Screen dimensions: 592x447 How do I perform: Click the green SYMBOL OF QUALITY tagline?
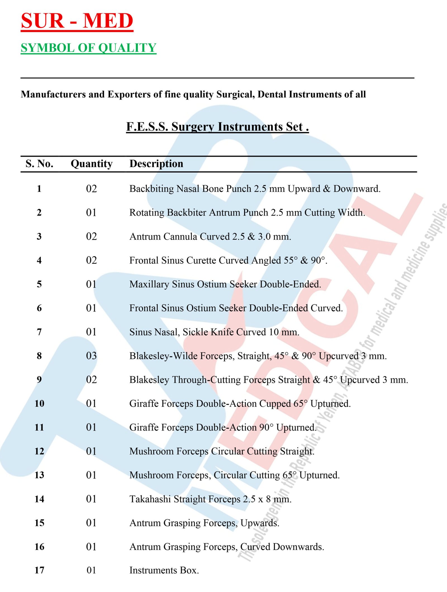click(88, 48)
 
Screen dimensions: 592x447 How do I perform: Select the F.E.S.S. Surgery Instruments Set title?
click(217, 127)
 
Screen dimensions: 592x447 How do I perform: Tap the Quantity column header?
click(92, 164)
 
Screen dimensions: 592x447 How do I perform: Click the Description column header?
click(156, 164)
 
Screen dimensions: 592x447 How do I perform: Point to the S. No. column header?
click(39, 164)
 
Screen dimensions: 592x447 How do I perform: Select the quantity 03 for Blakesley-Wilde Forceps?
click(91, 356)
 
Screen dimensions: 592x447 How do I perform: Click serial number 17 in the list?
click(39, 570)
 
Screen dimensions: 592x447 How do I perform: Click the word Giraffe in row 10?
click(144, 404)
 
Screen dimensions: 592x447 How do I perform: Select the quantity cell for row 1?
click(91, 189)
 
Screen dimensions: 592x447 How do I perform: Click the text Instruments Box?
click(164, 570)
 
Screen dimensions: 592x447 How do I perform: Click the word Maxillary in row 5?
click(149, 284)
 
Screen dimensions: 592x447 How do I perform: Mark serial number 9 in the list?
click(39, 379)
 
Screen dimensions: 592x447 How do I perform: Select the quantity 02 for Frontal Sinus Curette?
click(91, 260)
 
